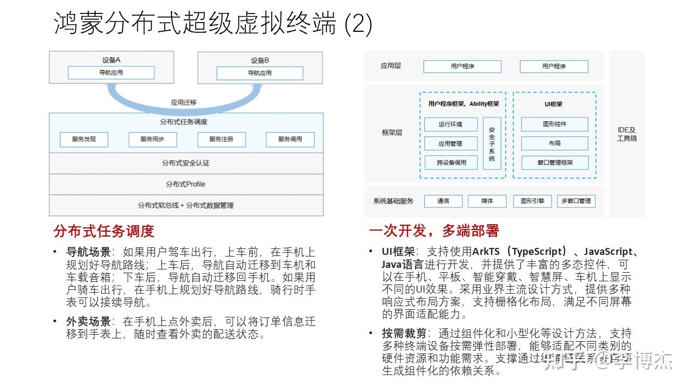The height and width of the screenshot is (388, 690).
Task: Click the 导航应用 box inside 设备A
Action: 111,73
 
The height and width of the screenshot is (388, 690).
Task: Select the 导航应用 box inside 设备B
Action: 260,73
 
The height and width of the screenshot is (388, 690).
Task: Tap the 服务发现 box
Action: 84,139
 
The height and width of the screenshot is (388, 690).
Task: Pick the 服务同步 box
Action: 153,139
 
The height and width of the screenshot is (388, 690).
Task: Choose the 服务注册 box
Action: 222,139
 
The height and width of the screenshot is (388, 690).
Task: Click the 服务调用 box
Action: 290,139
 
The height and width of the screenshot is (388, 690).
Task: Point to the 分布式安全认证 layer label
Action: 186,163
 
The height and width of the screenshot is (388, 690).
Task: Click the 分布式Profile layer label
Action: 186,184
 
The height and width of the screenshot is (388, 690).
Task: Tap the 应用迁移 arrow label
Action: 184,102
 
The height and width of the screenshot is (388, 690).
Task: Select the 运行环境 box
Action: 451,124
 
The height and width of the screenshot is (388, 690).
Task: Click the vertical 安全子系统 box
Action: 492,144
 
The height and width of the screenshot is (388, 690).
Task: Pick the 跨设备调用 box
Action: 451,162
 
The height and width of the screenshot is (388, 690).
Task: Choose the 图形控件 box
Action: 554,124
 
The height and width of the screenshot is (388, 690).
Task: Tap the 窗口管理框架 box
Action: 554,162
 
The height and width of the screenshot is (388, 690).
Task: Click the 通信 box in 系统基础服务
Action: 443,201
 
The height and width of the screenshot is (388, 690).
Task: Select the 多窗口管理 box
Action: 576,201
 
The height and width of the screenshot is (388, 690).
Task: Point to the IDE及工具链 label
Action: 627,134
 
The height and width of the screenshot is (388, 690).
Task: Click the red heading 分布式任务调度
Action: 104,231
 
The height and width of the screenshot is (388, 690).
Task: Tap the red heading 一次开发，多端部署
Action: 434,231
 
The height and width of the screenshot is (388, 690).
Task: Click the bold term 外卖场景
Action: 88,322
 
